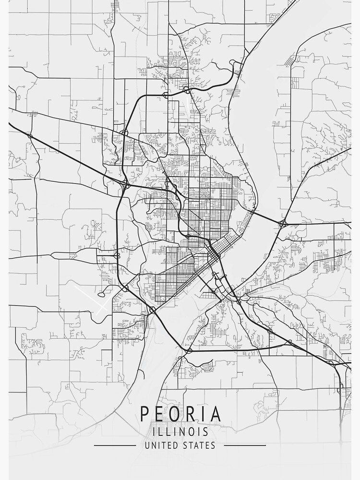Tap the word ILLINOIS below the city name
tap(180, 432)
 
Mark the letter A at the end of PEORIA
tap(215, 414)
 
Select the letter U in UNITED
tap(147, 445)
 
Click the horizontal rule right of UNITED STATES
tap(245, 445)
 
